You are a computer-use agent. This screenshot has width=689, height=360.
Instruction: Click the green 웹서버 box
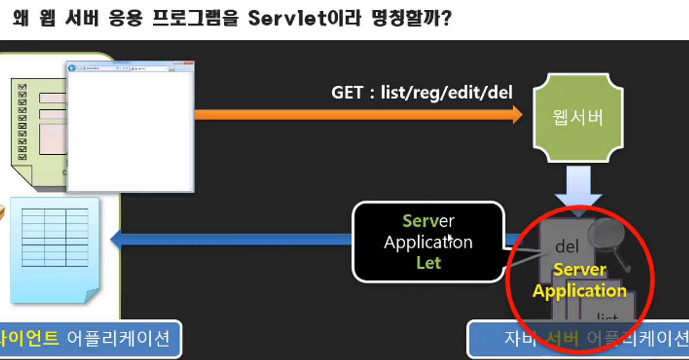(578, 118)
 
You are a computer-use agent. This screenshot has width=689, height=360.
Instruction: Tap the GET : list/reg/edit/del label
(422, 92)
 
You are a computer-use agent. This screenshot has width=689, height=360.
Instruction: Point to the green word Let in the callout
(428, 263)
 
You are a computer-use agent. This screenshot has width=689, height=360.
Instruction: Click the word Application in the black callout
(428, 242)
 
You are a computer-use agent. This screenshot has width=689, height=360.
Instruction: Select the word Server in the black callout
(428, 221)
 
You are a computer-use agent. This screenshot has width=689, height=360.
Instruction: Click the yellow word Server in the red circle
(580, 270)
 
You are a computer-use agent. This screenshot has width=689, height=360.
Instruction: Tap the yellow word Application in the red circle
(580, 291)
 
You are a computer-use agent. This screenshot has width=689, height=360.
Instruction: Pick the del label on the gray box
(567, 246)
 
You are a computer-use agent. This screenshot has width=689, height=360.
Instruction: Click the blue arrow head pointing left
(116, 240)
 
